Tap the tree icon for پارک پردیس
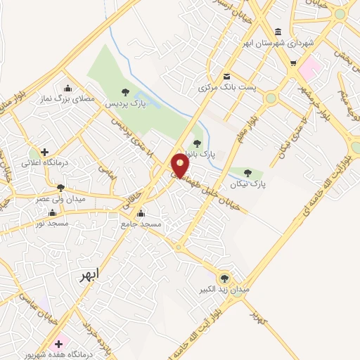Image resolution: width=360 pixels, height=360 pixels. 125,92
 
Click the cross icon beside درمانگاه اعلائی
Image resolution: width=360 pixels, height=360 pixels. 44,151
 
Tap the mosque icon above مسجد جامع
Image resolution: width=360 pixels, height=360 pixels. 141,213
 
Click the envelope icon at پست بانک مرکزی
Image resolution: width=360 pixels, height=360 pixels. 226,77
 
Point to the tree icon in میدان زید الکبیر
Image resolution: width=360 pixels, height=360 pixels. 225,278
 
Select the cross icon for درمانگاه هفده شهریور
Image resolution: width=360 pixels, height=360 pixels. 59,344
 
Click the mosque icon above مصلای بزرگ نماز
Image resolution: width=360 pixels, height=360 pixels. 67,89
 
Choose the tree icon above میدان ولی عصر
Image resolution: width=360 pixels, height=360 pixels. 60,188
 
